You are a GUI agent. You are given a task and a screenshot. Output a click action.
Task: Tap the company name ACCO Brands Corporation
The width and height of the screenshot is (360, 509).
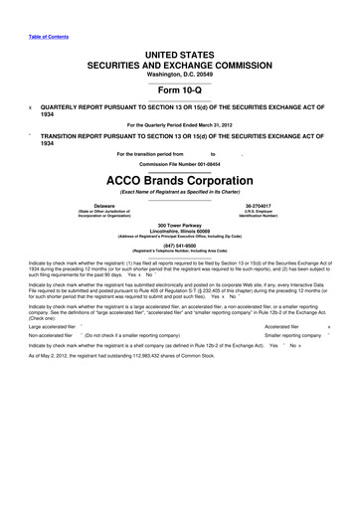[x=179, y=181]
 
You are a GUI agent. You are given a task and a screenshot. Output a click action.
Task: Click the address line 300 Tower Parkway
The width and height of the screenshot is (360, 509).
[x=180, y=228]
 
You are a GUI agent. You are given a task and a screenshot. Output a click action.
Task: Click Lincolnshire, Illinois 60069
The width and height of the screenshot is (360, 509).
[x=180, y=234]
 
